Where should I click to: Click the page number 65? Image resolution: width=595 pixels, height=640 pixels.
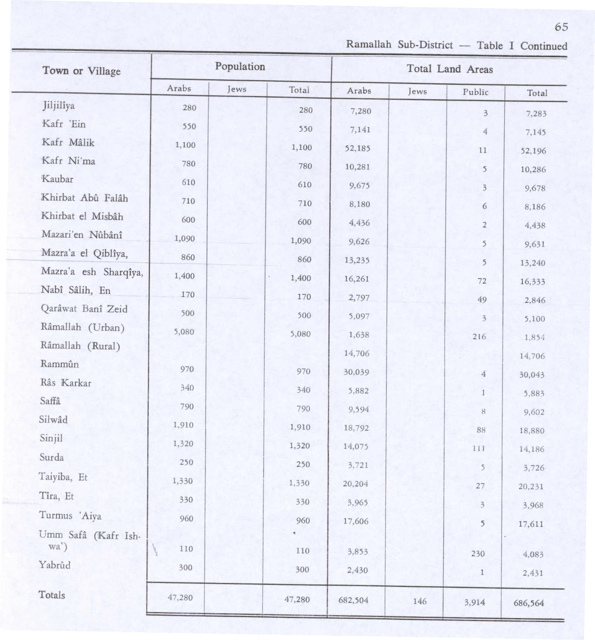click(x=561, y=27)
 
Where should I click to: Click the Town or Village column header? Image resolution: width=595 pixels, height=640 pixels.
click(x=81, y=71)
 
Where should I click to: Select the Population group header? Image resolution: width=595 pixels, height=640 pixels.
click(x=240, y=67)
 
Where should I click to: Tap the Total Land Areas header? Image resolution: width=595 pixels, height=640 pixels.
click(x=450, y=69)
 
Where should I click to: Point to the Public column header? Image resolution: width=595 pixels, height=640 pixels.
click(x=475, y=92)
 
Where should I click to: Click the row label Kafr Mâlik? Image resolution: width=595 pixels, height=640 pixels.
click(x=68, y=142)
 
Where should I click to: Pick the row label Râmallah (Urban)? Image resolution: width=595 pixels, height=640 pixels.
click(x=82, y=327)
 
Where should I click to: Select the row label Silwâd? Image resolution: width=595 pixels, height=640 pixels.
click(x=53, y=420)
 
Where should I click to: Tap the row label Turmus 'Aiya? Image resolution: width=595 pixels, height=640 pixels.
click(x=70, y=516)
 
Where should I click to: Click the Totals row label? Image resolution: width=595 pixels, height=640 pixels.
click(x=52, y=595)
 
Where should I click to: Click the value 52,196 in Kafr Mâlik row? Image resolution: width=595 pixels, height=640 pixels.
click(x=533, y=151)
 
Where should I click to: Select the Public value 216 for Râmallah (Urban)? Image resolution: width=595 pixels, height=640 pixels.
click(x=479, y=336)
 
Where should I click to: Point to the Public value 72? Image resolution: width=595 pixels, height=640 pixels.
click(x=482, y=281)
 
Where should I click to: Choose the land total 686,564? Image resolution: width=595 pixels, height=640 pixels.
click(x=528, y=603)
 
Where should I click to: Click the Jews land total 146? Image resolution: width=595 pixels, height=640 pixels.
click(x=420, y=601)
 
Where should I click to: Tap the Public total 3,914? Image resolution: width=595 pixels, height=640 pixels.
click(x=474, y=602)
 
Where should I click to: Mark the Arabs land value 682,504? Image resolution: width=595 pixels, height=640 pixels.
click(x=353, y=600)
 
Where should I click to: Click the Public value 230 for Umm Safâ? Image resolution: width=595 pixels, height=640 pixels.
click(x=478, y=553)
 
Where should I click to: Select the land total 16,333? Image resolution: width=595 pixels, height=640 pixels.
click(x=532, y=281)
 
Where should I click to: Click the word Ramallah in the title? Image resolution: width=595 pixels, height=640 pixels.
click(x=368, y=44)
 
